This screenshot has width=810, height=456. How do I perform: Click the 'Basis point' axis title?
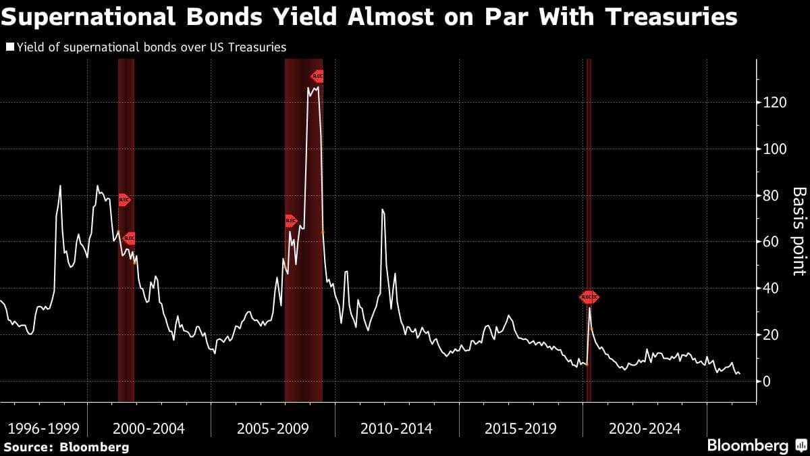coord(799,231)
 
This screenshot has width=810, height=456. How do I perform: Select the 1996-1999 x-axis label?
coord(44,428)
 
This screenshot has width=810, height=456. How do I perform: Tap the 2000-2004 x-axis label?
coord(149,428)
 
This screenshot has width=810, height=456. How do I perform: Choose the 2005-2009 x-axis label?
coord(273,428)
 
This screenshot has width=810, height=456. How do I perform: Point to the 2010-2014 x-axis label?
coord(397,428)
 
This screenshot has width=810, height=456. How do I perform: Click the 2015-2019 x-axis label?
coord(520,428)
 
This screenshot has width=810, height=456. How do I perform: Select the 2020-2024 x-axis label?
coord(645,428)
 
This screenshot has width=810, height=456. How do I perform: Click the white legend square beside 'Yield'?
coord(9,47)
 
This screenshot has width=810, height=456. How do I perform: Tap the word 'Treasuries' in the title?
coord(670,17)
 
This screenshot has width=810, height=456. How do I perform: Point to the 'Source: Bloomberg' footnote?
coord(66,447)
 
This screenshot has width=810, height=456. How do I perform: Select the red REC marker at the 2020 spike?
coord(589,297)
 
